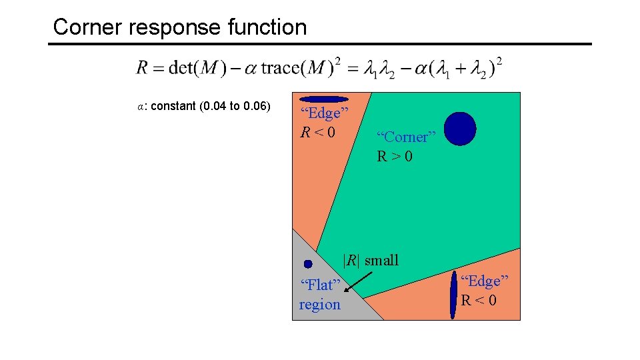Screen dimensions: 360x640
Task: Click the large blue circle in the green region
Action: click(x=460, y=129)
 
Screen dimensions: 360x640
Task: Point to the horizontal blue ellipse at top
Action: click(x=325, y=99)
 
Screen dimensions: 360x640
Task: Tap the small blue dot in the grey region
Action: click(x=308, y=264)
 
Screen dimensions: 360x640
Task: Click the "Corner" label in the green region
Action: click(x=406, y=137)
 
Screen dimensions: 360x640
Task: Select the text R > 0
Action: click(x=395, y=157)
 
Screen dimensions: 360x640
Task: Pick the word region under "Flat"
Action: click(x=319, y=305)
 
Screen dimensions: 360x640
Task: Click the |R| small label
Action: click(x=371, y=260)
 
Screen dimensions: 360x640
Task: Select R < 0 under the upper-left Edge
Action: click(x=317, y=132)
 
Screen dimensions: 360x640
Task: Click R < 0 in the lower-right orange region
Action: click(x=479, y=300)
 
